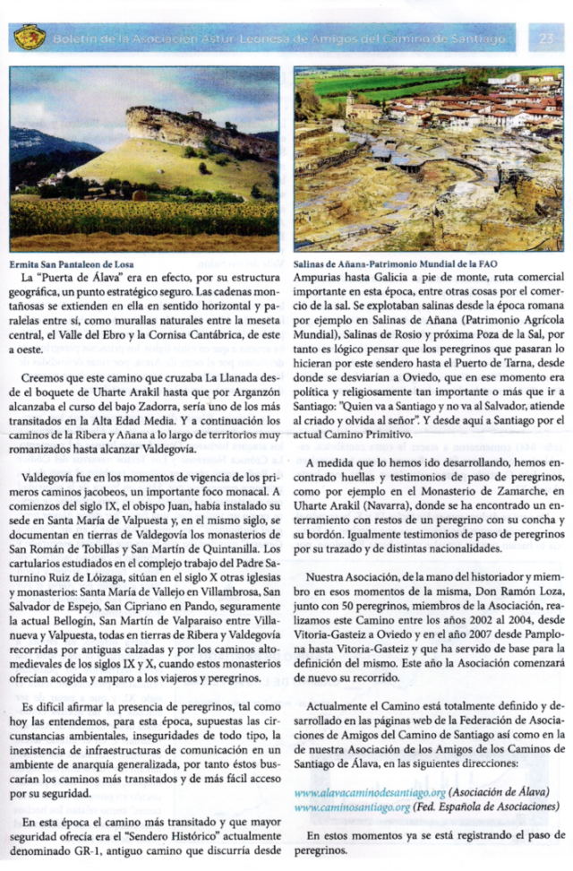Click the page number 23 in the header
click(x=546, y=39)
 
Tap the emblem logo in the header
click(x=30, y=38)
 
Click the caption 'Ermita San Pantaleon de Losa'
click(x=72, y=264)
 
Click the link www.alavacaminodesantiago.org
click(x=370, y=793)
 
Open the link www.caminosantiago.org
click(x=352, y=806)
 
